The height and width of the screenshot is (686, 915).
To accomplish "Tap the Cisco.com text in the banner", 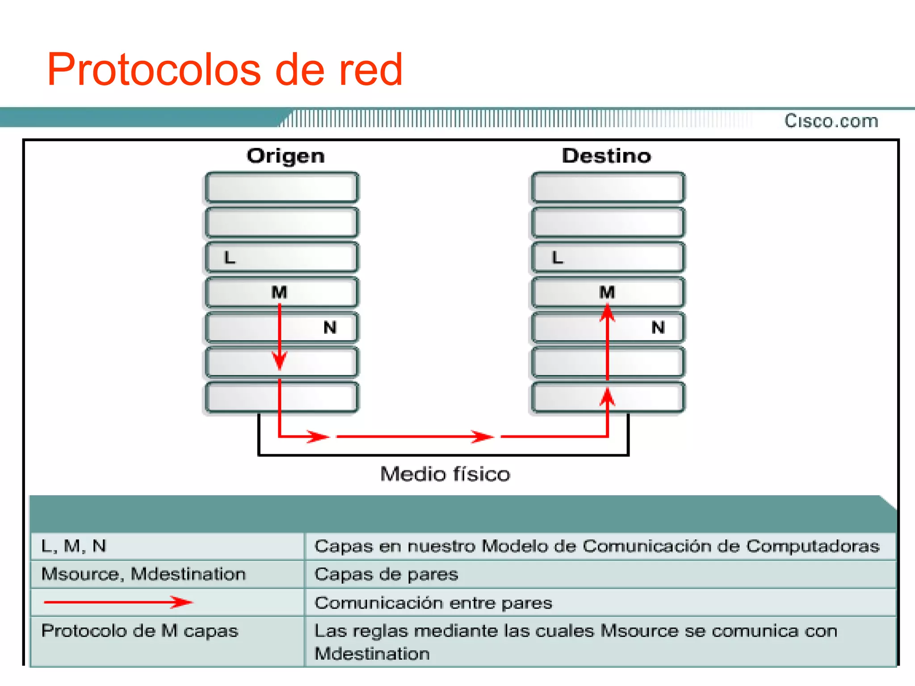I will pos(831,121).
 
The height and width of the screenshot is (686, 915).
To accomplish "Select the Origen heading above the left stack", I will pos(285,156).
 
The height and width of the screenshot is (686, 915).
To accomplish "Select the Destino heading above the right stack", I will pos(606,156).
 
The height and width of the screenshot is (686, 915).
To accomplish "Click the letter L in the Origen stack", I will pos(230,258).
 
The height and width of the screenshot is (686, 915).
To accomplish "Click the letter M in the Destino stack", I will pos(607,293).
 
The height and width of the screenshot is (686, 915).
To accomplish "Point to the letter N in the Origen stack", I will pos(330,327).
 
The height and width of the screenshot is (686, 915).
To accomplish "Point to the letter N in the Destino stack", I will pos(658,327).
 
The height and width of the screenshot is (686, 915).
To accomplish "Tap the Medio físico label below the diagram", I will pos(445,474).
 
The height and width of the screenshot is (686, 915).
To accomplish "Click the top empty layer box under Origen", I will pos(281,188).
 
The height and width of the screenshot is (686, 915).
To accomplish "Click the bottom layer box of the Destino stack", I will pos(608,397).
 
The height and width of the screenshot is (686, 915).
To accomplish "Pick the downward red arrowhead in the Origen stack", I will pos(280,360).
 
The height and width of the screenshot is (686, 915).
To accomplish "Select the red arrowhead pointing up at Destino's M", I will pos(607,313).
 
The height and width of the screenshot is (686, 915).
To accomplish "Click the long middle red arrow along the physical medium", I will pos(415,436).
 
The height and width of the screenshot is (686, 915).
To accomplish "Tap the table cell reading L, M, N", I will pos(74,546).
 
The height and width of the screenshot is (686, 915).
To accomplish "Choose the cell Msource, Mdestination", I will pos(143,574).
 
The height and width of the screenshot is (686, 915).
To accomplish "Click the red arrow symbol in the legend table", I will pos(118,602).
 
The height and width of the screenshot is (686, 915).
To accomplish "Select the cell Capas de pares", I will pos(386,574).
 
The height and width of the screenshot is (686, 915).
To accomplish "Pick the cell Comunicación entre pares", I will pos(433,603).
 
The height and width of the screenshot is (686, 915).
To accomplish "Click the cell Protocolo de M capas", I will pos(140,631).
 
